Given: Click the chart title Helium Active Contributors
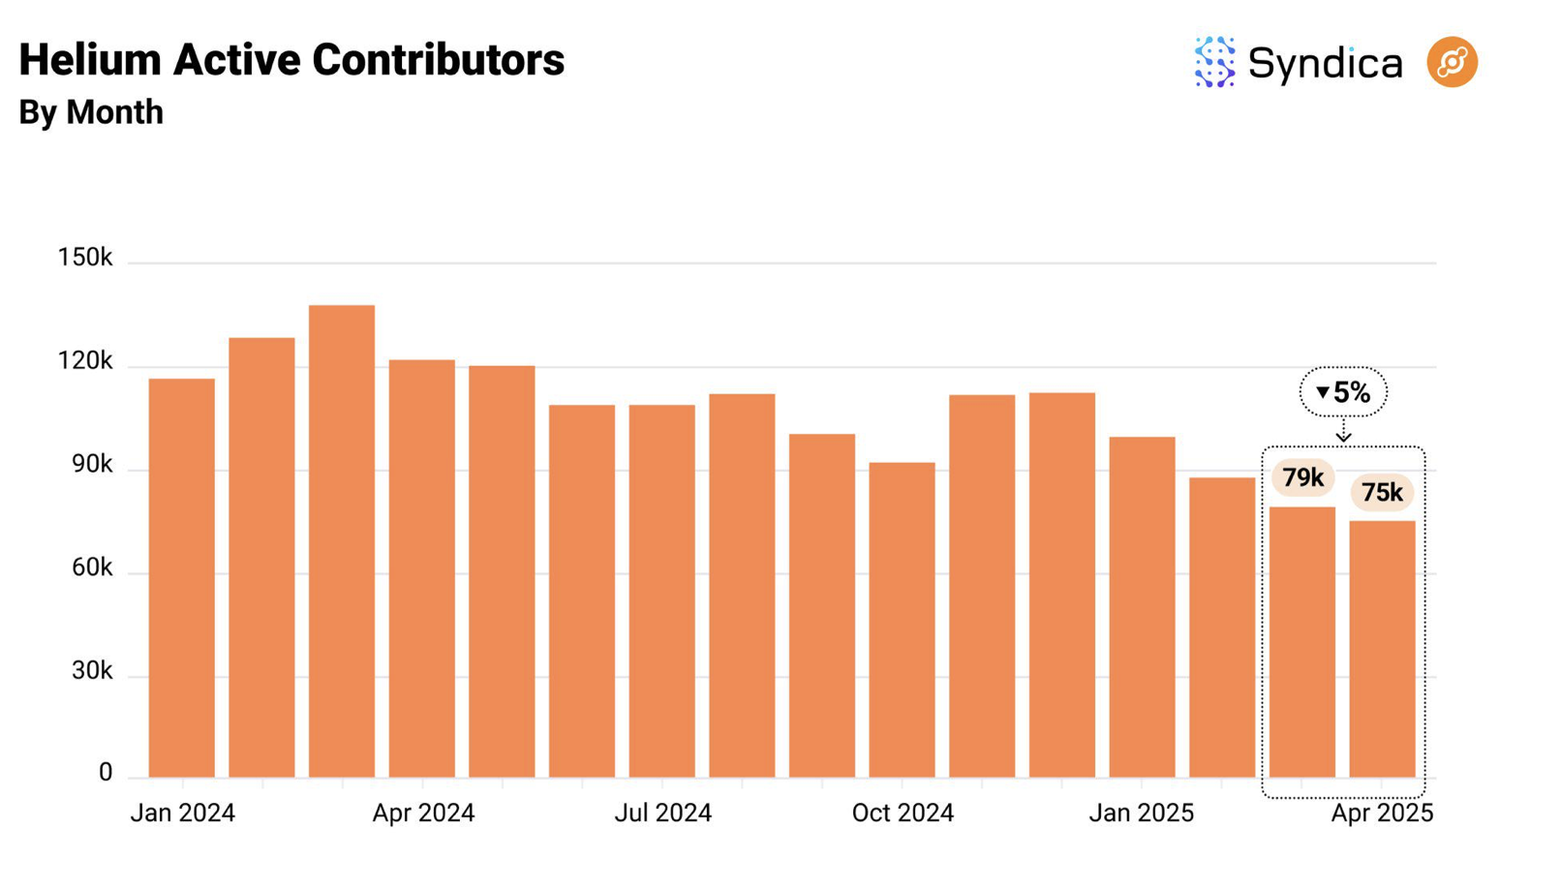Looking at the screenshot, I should click(291, 60).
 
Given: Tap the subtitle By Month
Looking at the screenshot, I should click(91, 112).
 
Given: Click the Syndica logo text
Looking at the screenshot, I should click(1325, 64).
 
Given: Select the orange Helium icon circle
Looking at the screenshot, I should click(1452, 63).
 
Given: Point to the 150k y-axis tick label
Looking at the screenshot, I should click(85, 258).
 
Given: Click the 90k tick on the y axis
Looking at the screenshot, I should click(92, 465).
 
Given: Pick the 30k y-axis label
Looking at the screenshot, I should click(92, 671).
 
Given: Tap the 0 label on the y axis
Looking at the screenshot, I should click(105, 773).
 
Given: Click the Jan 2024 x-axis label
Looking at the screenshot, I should click(182, 813).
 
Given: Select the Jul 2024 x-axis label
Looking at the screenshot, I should click(662, 813).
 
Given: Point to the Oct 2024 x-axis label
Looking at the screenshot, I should click(903, 813).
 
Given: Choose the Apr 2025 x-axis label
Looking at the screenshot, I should click(1382, 813).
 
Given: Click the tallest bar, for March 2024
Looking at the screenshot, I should click(342, 542).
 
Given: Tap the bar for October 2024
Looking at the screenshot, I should click(902, 620).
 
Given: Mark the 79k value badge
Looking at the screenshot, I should click(1302, 477).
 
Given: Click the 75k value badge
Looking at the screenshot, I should click(1382, 493).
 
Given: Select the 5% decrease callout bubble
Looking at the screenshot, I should click(1343, 392).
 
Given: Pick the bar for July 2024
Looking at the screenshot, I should click(661, 591).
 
